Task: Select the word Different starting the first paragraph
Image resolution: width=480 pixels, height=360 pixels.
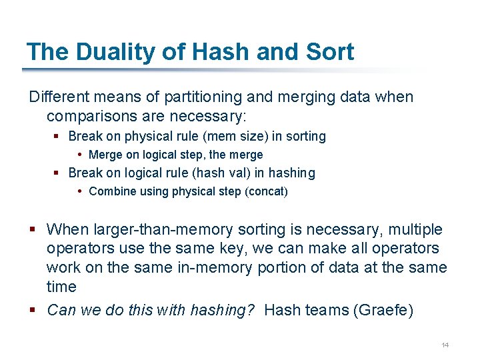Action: click(x=60, y=97)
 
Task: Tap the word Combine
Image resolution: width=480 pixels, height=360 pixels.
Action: click(x=109, y=192)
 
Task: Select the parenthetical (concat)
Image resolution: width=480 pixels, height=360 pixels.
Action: click(x=267, y=192)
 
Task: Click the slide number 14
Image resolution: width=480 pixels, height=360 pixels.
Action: click(x=445, y=345)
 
